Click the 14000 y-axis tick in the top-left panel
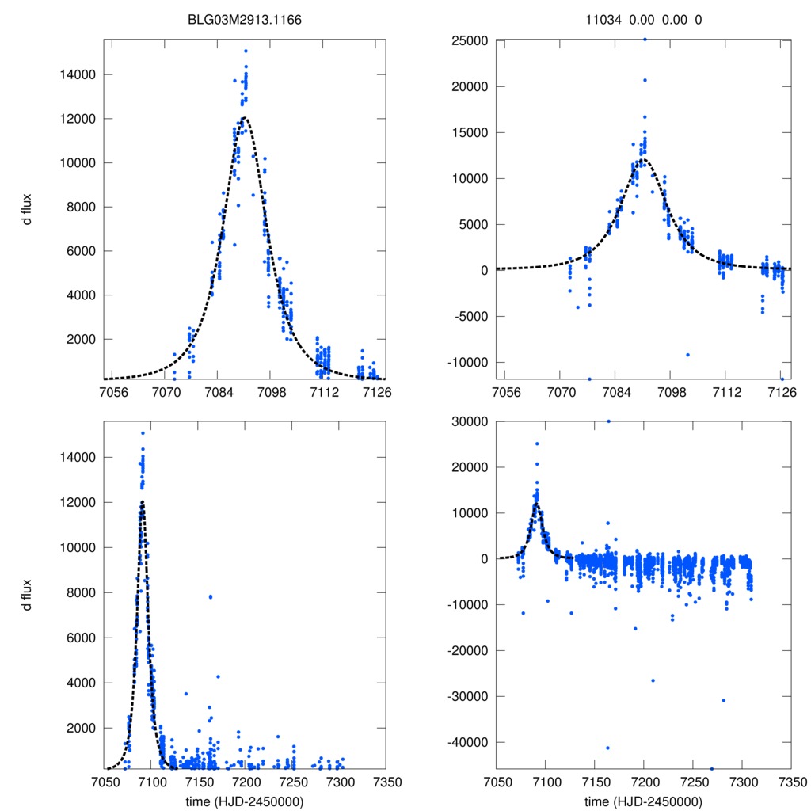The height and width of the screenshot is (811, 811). coord(78,75)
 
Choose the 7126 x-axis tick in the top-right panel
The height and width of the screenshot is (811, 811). coord(781,392)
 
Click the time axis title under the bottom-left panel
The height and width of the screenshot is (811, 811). coord(244,801)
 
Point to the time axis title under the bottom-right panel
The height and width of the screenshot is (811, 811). coord(643,801)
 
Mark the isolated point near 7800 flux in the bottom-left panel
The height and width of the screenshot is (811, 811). coord(211,596)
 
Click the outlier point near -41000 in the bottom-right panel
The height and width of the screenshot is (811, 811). coord(607,748)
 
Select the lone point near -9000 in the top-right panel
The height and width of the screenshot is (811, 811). coord(687,355)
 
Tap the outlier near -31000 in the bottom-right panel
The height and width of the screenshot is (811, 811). coord(724,700)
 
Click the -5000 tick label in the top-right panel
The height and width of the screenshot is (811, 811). coord(468,316)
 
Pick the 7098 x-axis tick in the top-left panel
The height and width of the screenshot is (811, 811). coord(271,392)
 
